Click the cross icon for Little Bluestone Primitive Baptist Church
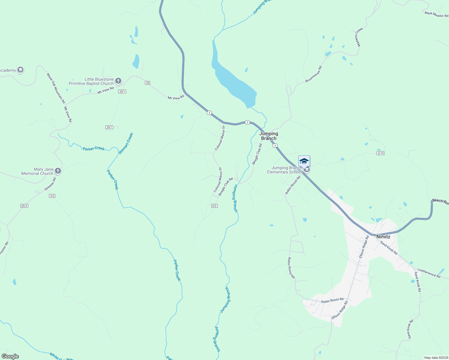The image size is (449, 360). coord(118,81)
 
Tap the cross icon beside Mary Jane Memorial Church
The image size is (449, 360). coord(58,171)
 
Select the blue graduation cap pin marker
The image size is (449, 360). coord(304,161)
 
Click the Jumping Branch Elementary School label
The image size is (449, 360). coord(284,170)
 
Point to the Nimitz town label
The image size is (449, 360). coord(383,237)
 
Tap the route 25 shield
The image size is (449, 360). coord(147,83)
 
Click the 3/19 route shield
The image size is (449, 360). coord(381,153)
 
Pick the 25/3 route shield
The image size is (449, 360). coord(24,206)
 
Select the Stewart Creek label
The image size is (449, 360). coord(125,143)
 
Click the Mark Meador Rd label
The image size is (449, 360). coord(436,14)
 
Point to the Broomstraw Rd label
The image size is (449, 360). coord(314,74)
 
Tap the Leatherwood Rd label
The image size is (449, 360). coord(429,273)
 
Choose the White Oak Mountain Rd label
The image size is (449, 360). coord(56,88)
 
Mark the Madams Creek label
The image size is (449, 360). coord(359,37)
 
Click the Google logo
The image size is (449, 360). coord(10,356)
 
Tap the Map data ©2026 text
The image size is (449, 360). coord(435,358)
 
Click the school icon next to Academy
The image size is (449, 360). coord(20,70)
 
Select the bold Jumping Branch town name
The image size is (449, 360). coord(269,136)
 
